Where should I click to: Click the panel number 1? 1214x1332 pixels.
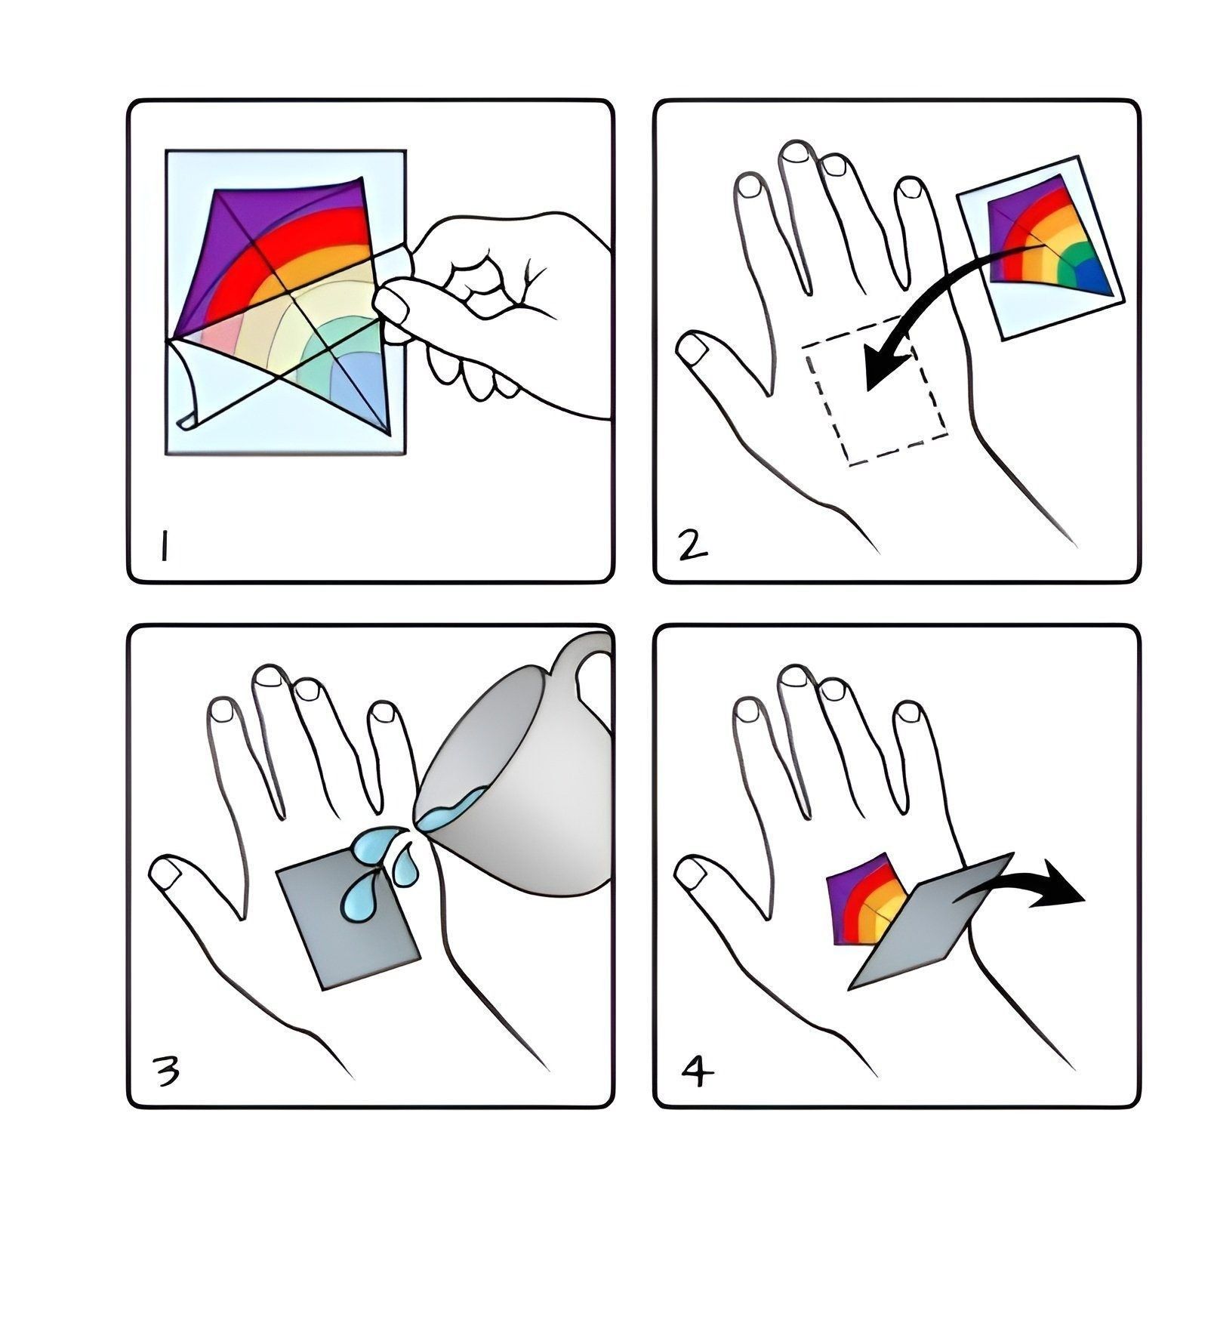pos(162,547)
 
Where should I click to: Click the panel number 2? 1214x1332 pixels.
pos(693,544)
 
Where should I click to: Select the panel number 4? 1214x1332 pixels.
pos(696,1070)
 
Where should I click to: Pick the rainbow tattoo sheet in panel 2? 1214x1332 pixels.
pos(1040,248)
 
